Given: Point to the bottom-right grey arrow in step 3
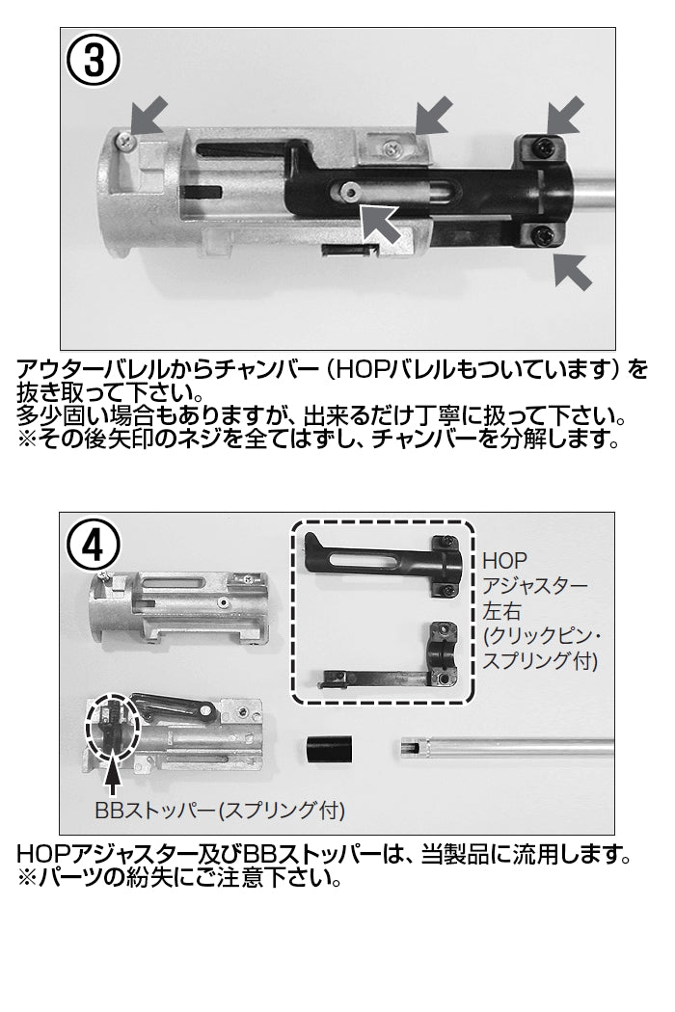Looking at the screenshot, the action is click(573, 271).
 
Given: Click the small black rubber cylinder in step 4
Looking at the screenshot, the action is click(329, 749).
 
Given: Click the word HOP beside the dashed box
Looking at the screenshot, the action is click(505, 560).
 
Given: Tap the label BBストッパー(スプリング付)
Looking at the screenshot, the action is click(220, 810).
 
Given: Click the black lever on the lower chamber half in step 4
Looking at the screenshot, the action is click(175, 707).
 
